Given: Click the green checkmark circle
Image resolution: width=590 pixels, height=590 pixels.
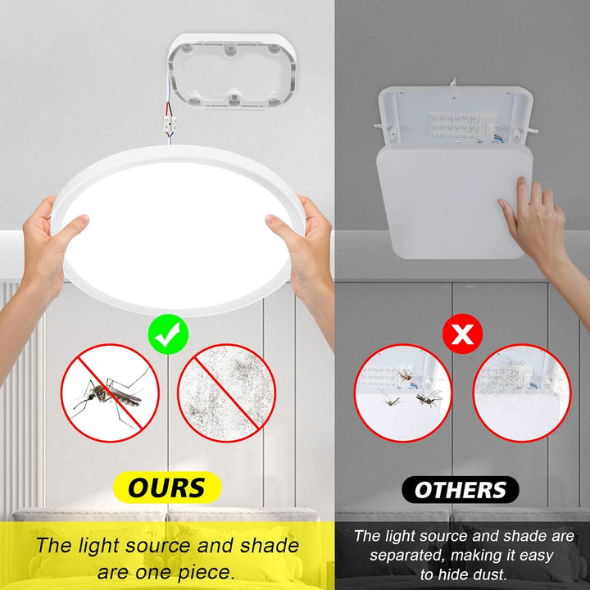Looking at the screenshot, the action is (x=168, y=334).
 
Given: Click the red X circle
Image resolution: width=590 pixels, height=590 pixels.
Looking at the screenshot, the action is (x=462, y=334).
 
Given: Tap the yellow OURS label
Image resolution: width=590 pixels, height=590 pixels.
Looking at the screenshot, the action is (x=167, y=488).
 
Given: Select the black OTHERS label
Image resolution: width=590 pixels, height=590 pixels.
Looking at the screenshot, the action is (x=461, y=489).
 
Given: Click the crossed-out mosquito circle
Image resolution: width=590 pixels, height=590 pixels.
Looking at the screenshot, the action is (x=110, y=393).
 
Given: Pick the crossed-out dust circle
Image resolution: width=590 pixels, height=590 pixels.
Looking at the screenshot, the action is (x=226, y=393).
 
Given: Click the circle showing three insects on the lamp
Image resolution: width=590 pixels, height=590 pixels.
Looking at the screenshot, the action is (x=403, y=393).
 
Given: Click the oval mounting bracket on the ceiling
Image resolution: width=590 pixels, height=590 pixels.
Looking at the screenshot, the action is (x=232, y=71).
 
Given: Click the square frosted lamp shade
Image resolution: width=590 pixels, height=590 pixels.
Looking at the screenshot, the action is (x=455, y=202).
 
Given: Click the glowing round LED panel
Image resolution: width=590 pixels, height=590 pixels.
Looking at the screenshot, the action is (x=178, y=230).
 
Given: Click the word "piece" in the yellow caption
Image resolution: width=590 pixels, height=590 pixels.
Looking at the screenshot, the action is (x=206, y=572).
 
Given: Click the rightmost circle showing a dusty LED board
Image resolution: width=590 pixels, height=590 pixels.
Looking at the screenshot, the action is (x=521, y=393).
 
